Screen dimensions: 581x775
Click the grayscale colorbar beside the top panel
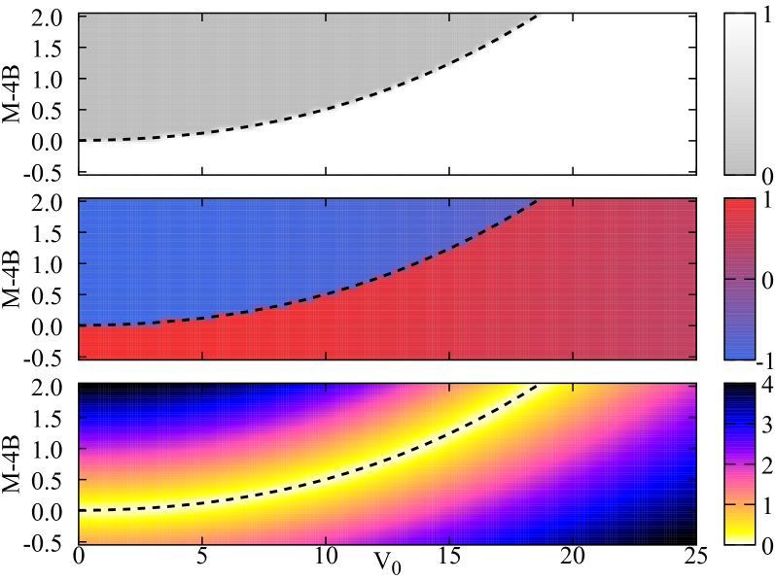click(x=739, y=94)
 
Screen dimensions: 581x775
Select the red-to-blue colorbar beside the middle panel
click(x=739, y=279)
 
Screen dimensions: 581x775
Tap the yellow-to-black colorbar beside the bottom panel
click(x=739, y=463)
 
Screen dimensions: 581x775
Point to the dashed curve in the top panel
click(x=389, y=94)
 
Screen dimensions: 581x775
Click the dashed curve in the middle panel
click(x=389, y=279)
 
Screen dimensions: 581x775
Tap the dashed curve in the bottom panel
click(x=389, y=463)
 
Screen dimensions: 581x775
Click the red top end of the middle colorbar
click(x=739, y=206)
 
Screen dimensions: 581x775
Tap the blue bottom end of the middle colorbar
click(x=739, y=352)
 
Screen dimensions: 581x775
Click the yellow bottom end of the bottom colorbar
click(x=739, y=536)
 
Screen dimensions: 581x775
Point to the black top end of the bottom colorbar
click(x=739, y=391)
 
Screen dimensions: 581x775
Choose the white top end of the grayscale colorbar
click(x=739, y=20)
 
